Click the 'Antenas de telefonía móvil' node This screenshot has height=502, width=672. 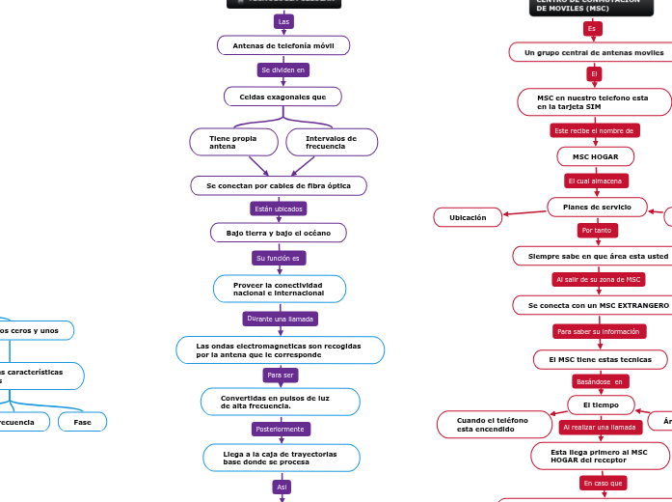283,45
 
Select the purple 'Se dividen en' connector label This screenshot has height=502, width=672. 283,70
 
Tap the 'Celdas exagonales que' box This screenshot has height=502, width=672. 283,97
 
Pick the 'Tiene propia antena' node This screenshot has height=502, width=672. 233,142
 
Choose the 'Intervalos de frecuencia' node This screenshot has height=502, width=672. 332,142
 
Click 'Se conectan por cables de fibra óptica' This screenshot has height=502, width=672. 279,184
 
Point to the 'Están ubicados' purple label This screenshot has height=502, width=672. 279,209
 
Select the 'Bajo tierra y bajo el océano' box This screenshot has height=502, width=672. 279,233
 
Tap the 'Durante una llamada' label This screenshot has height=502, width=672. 280,319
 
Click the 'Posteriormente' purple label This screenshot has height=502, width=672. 280,429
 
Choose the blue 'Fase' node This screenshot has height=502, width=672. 83,422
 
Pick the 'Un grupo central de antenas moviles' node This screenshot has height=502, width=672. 594,52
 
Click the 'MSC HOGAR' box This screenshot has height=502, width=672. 596,155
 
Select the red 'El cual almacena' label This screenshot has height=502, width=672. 596,181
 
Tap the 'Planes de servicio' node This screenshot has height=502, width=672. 598,207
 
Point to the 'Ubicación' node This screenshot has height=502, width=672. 468,217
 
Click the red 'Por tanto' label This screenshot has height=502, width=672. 598,231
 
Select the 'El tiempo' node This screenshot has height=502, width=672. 602,404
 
